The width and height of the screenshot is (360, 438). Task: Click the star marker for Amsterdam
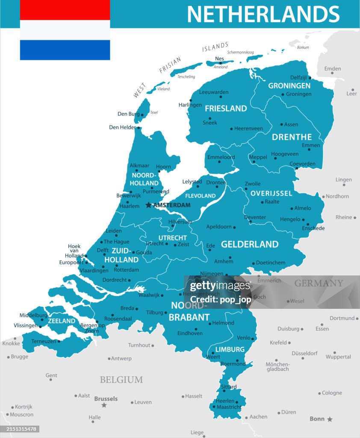coord(148,205)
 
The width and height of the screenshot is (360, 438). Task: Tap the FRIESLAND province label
coord(226,109)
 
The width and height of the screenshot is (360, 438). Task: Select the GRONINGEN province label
coord(289,86)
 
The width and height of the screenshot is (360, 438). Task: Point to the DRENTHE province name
coord(292,137)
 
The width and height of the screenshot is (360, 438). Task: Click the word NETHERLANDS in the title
coord(263,14)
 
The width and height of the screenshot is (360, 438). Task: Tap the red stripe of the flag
coord(65,9)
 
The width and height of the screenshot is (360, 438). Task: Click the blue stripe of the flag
coord(65,50)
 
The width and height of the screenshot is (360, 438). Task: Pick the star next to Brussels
coord(103,405)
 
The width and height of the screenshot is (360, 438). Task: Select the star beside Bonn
coord(330,419)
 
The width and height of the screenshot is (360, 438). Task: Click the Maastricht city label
coord(229,407)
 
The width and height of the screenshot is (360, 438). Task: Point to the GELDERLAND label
coord(250,244)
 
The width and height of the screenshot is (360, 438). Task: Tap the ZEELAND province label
coord(62,321)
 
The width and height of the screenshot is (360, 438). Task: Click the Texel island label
coord(154,112)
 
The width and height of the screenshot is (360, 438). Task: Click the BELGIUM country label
coord(121,380)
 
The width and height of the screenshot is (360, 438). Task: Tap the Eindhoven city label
coord(190,333)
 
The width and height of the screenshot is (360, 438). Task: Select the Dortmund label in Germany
coord(342,318)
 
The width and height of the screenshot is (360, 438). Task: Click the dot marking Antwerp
coord(109,359)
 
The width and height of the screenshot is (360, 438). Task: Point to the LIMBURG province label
coord(230,349)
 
